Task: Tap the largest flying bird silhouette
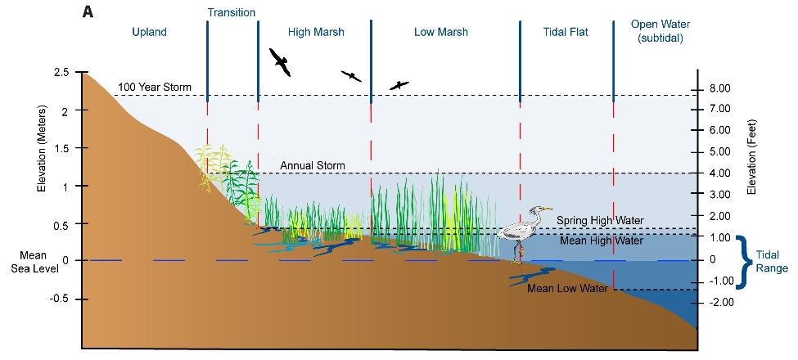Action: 279,61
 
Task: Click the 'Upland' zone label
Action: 149,33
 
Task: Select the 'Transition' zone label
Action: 232,12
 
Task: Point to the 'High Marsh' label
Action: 316,33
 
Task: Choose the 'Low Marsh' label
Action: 441,33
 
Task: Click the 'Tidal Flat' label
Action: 566,33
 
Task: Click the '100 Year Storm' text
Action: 154,88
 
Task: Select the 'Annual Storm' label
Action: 313,166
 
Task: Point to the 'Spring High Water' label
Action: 600,220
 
